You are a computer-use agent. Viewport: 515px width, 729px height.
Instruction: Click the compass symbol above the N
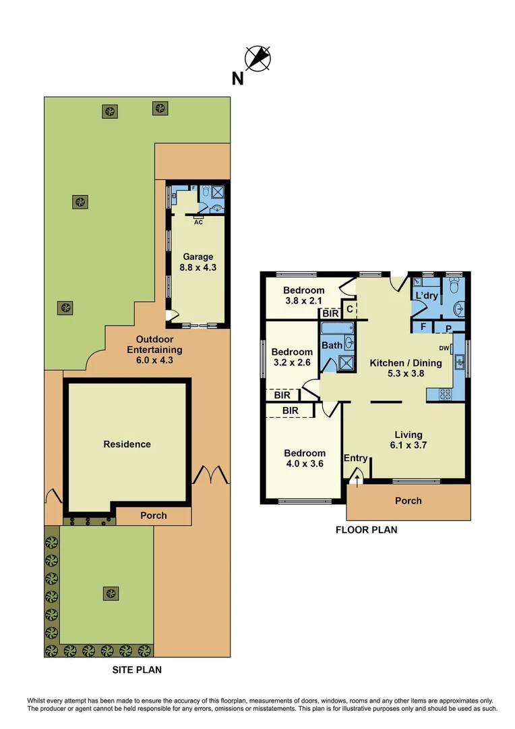click(257, 58)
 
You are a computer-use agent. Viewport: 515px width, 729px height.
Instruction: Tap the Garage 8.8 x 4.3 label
click(198, 262)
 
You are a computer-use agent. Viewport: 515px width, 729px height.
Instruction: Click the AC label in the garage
click(198, 221)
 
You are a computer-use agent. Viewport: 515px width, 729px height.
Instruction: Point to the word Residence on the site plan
click(127, 444)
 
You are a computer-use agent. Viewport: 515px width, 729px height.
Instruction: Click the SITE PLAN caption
click(136, 670)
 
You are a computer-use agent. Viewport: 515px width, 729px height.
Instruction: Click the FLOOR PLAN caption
click(366, 530)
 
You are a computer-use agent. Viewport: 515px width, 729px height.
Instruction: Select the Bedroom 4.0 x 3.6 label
click(305, 459)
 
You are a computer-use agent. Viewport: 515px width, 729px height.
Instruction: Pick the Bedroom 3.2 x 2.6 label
click(292, 357)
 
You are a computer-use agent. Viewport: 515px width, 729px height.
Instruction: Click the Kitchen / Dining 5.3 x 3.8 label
click(406, 368)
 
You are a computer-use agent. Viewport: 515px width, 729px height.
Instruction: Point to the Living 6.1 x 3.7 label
click(408, 440)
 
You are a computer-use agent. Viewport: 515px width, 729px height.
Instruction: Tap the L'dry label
click(426, 296)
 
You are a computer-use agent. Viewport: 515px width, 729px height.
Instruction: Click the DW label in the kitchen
click(444, 348)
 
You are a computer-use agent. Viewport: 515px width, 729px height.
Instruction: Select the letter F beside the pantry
click(423, 327)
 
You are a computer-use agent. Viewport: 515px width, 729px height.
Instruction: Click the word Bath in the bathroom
click(332, 346)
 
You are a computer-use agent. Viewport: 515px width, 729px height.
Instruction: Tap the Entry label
click(355, 458)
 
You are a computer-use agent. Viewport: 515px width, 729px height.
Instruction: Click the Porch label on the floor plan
click(408, 501)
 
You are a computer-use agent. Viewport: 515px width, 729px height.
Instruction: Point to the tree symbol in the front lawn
click(110, 593)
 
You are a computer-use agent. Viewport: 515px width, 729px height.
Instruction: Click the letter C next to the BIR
click(349, 310)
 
